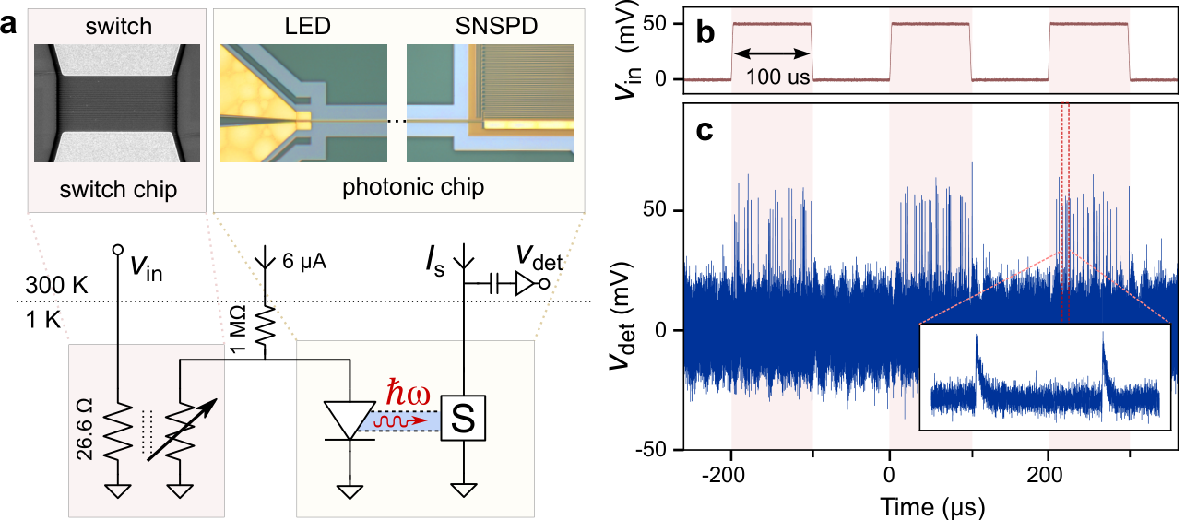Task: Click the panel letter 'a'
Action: click(10, 25)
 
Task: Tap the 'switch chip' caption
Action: click(117, 189)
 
